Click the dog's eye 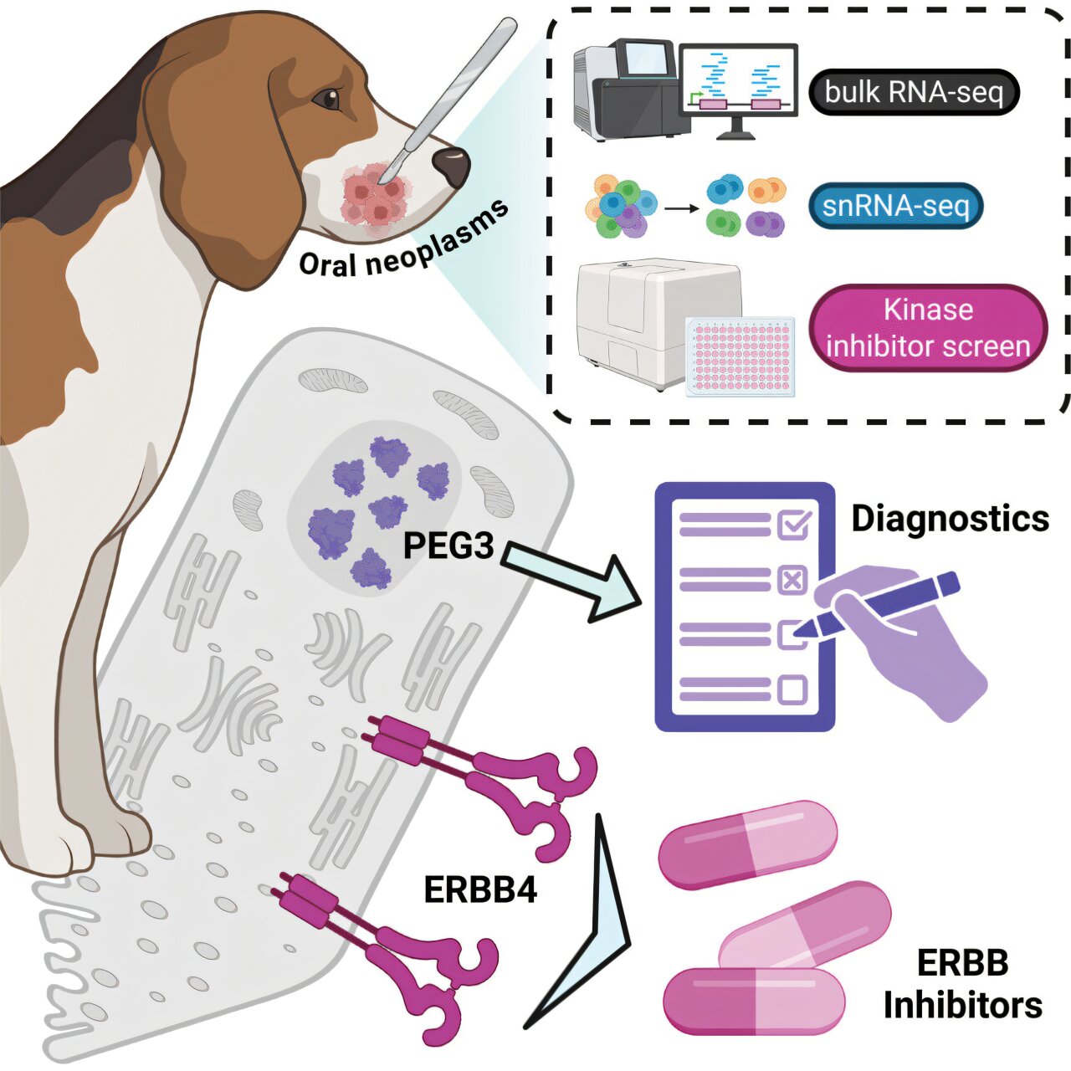coord(326,99)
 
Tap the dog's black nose coord(451,166)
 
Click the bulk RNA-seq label coord(914,92)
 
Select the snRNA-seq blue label coord(896,206)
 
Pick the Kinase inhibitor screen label coord(928,328)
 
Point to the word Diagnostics coord(951,519)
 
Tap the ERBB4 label coord(480,890)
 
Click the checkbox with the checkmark coord(794,524)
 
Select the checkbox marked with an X coord(792,581)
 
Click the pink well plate coord(740,356)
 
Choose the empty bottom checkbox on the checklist coord(792,689)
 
